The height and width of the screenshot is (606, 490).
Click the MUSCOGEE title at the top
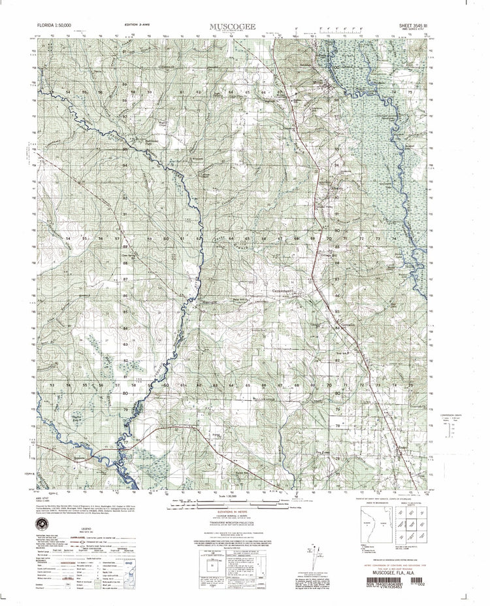(x=233, y=27)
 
